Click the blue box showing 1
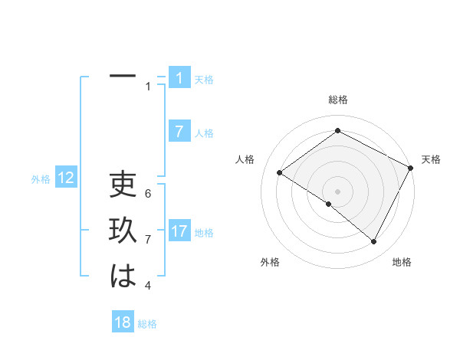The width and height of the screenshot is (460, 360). [x=179, y=77]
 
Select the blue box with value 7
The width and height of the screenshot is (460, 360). [x=179, y=131]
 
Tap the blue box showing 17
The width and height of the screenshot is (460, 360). [x=179, y=231]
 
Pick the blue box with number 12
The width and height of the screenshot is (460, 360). [x=66, y=178]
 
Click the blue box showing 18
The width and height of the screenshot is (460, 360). [x=123, y=322]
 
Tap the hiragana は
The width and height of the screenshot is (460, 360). [x=123, y=276]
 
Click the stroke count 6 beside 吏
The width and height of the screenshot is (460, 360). [x=148, y=193]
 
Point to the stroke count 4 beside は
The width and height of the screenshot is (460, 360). [x=148, y=286]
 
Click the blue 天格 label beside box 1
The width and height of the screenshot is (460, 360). [x=204, y=79]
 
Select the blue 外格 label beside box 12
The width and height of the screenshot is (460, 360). [x=41, y=179]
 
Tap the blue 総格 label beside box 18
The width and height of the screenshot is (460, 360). [x=147, y=323]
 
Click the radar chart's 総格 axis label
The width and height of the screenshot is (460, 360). [x=337, y=100]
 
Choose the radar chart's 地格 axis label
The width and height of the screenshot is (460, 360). [x=402, y=262]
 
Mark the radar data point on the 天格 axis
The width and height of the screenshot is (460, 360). [x=410, y=169]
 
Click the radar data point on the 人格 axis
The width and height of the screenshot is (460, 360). [x=279, y=172]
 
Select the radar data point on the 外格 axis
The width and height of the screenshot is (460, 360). [x=329, y=204]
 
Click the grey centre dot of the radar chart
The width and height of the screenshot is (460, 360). [x=337, y=191]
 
